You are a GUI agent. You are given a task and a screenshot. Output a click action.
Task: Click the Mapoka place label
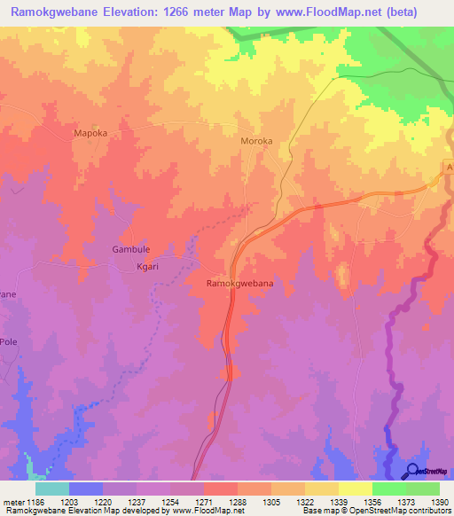click(x=90, y=134)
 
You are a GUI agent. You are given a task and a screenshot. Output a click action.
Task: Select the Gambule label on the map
click(x=129, y=250)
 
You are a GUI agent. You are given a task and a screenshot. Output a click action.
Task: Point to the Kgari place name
click(x=123, y=266)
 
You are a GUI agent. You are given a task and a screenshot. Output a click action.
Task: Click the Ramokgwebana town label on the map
click(x=239, y=283)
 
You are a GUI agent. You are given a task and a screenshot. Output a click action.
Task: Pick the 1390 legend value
click(x=437, y=503)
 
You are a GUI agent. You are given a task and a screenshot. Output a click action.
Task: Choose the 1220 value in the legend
click(x=120, y=503)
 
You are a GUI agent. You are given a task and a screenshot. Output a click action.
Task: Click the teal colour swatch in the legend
click(x=51, y=489)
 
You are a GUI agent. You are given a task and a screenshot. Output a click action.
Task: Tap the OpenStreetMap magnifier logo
click(x=412, y=471)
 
